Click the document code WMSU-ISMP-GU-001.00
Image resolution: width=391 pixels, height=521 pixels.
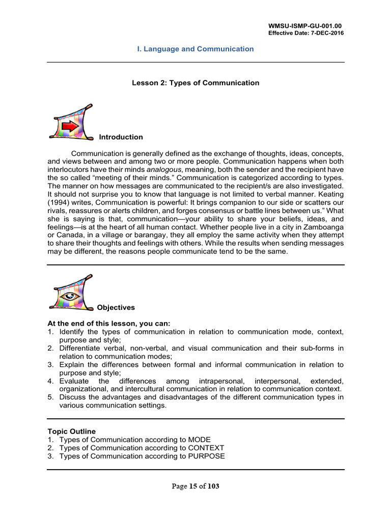(304, 25)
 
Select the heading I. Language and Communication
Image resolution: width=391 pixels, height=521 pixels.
(195, 49)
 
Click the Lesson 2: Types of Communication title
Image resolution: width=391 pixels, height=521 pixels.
(195, 83)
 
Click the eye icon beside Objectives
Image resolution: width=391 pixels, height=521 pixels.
(69, 296)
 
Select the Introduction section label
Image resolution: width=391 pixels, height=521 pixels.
(121, 137)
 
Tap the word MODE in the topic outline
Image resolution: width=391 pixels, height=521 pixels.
(199, 440)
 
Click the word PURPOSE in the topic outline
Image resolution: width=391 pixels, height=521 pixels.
(206, 456)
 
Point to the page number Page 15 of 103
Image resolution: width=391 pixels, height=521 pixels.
(195, 486)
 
